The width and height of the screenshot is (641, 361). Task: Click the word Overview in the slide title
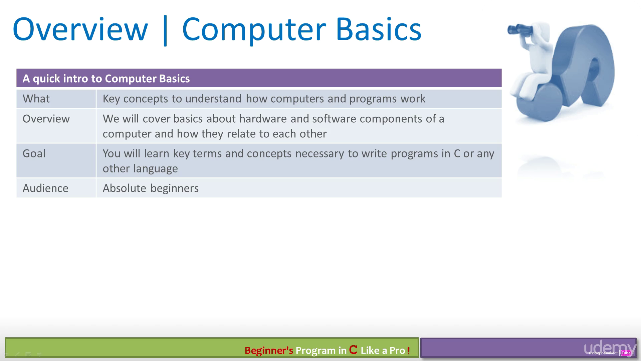[80, 29]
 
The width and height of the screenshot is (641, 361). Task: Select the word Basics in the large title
[379, 29]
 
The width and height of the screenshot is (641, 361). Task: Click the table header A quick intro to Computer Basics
[106, 79]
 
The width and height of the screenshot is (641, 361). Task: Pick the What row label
[36, 99]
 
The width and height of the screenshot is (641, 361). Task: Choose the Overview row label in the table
[46, 119]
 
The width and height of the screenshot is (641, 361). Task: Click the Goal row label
[34, 153]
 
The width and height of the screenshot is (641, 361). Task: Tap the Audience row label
[45, 188]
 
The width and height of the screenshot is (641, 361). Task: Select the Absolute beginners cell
[151, 188]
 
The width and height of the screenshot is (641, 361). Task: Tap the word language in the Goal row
[156, 169]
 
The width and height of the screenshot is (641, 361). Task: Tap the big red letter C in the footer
[353, 350]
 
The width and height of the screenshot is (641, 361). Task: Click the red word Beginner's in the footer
[269, 350]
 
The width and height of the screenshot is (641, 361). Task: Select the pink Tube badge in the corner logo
[626, 353]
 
